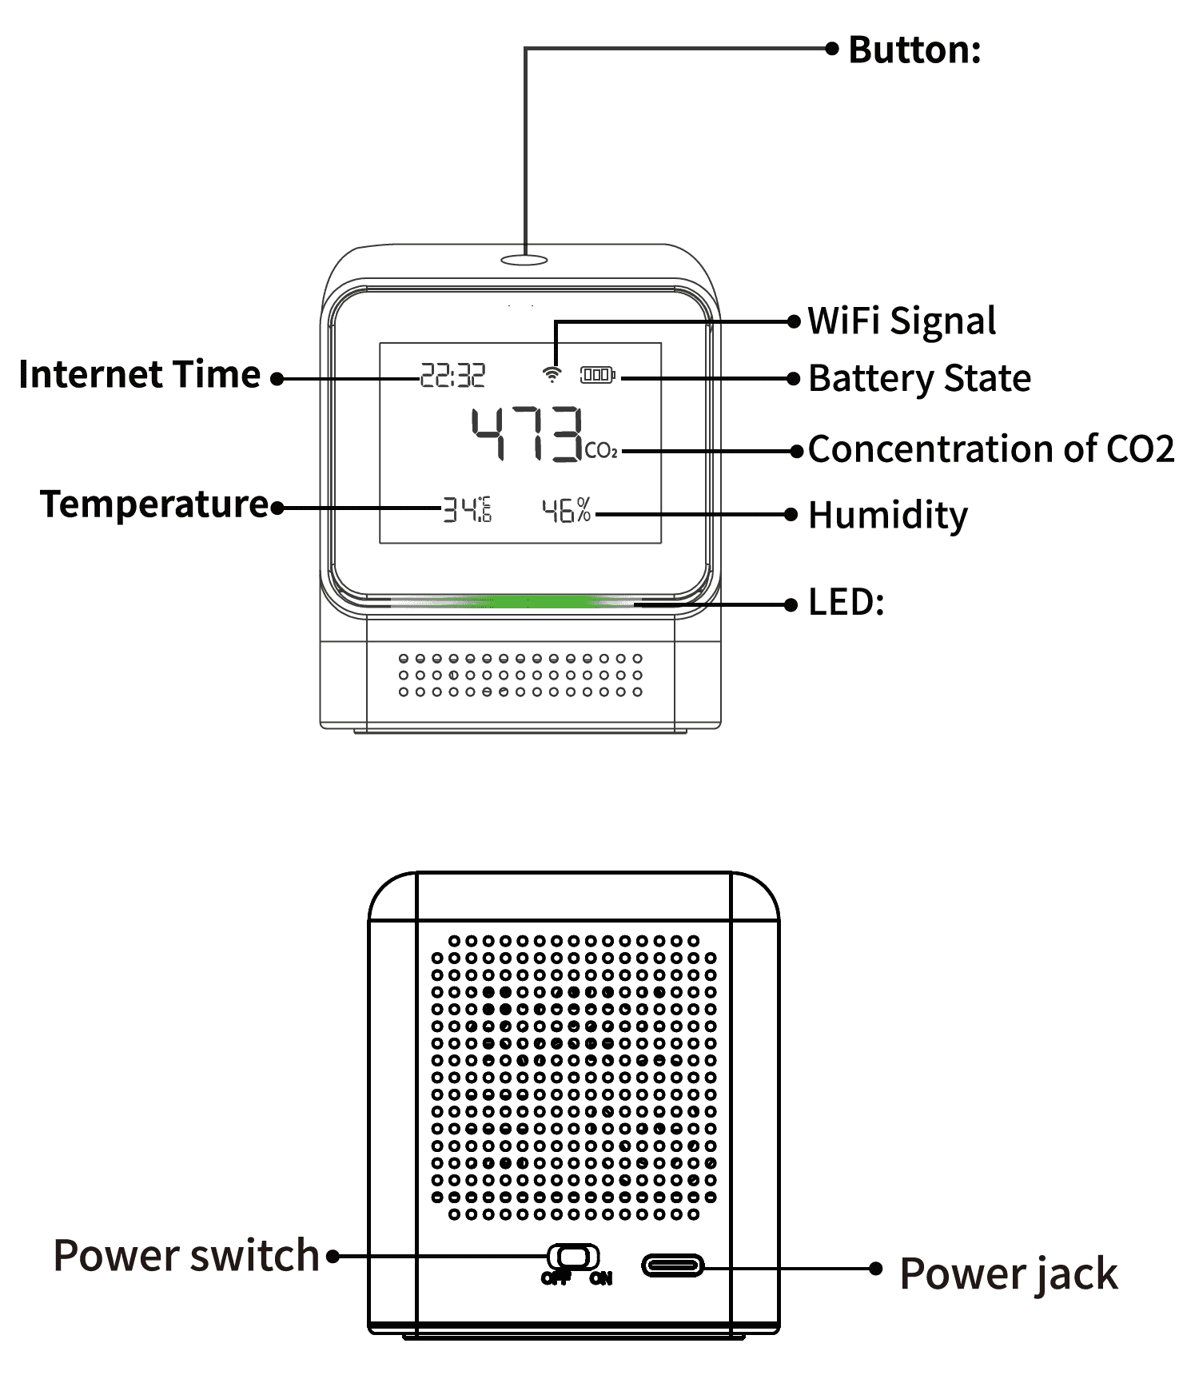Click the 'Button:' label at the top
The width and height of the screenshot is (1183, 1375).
pos(914,50)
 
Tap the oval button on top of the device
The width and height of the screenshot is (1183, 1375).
pos(524,260)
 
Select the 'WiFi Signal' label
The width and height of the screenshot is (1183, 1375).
pos(902,321)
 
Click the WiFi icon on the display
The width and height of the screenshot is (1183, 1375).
pos(552,374)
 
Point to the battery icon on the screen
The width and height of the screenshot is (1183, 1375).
pos(597,374)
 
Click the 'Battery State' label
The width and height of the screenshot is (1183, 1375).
pos(919,379)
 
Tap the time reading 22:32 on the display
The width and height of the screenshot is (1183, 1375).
pos(452,375)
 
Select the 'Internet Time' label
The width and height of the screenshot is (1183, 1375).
pos(140,375)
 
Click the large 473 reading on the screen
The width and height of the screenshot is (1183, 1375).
pos(526,434)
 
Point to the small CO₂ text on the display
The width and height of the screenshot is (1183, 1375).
pos(601,451)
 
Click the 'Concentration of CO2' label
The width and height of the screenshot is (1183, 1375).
pos(990,449)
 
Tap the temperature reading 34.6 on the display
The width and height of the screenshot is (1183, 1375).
pos(467,509)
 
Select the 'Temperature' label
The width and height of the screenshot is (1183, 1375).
pos(155,504)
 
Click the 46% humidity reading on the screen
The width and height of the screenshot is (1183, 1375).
pos(566,510)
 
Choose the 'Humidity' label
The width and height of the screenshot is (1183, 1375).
pos(887,516)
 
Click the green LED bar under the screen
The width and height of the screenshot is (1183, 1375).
pos(544,601)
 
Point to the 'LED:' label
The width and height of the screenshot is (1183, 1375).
pos(846,603)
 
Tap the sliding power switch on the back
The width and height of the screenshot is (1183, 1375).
pos(573,1256)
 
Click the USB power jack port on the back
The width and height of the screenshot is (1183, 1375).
pos(673,1265)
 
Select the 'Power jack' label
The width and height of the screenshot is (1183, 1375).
pos(1008,1273)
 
